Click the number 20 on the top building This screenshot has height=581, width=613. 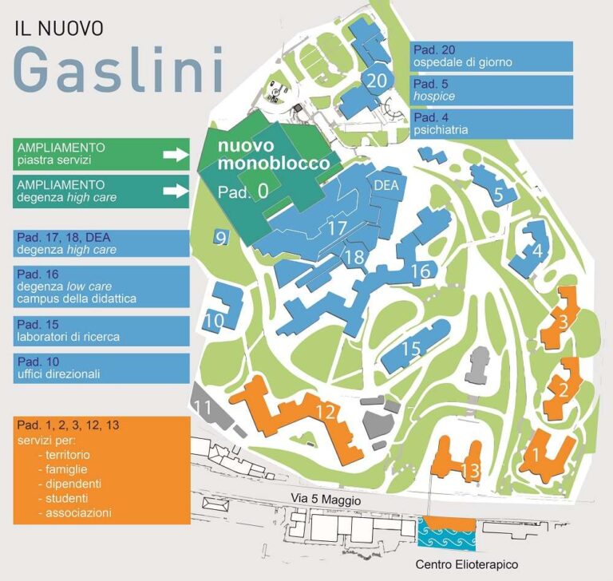click(378, 81)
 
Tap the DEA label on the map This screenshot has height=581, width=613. click(386, 186)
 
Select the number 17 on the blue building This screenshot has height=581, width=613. click(338, 228)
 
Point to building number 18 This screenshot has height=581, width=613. click(354, 257)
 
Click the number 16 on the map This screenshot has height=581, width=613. click(420, 271)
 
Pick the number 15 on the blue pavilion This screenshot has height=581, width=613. click(410, 349)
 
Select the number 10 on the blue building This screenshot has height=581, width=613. click(213, 322)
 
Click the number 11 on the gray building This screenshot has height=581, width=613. click(204, 408)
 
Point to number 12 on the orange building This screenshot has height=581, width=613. click(325, 412)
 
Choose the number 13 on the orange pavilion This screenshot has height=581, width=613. click(470, 470)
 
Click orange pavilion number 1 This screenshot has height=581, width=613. click(536, 455)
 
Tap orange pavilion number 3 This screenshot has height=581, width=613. click(564, 322)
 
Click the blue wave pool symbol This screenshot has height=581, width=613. click(446, 533)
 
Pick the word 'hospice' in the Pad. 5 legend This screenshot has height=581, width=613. click(434, 96)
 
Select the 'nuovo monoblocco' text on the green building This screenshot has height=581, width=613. click(263, 155)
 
